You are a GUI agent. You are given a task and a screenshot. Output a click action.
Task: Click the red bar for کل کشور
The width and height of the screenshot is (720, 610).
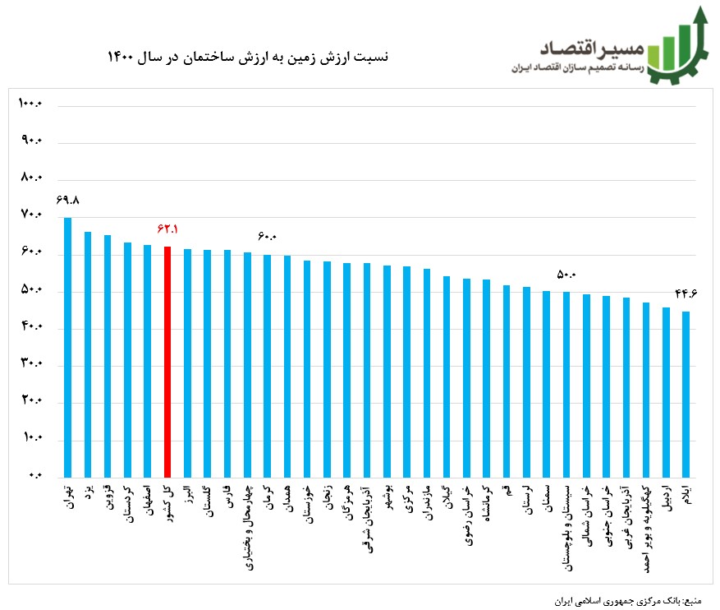(167, 362)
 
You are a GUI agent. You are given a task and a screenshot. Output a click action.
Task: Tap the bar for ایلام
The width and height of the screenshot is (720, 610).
(686, 394)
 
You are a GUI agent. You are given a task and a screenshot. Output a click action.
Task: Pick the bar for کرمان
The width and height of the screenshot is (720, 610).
(267, 366)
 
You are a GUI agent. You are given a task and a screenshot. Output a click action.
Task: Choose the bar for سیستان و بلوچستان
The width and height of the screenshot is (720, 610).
(566, 384)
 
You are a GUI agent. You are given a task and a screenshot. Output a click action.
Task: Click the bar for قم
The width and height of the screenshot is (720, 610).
(507, 381)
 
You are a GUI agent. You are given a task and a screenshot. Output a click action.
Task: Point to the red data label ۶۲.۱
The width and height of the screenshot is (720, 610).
(167, 229)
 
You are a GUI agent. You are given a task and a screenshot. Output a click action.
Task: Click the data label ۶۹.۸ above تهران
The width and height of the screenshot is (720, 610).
(67, 200)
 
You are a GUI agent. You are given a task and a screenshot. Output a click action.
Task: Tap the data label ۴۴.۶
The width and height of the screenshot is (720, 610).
(686, 293)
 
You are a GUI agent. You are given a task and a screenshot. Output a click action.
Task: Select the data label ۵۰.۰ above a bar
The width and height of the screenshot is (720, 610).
(566, 274)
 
